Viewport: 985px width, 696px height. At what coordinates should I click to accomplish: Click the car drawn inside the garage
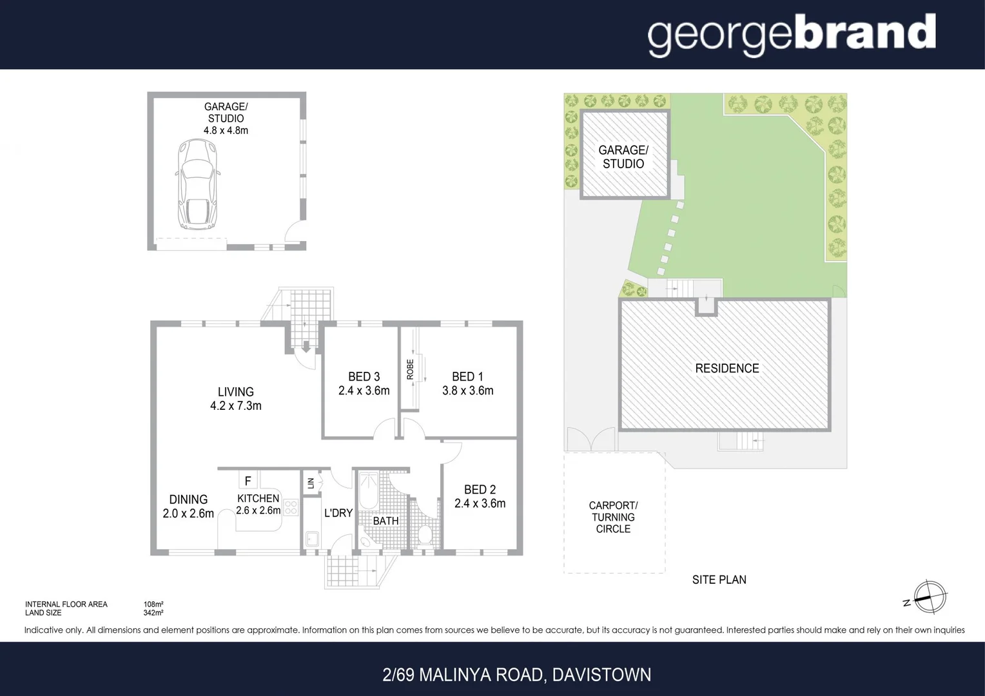coord(197,184)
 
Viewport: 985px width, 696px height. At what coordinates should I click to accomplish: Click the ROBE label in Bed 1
coord(410,369)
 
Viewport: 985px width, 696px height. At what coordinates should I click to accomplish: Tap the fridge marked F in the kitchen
coord(248,481)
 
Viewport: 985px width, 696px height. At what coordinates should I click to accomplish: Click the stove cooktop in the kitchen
coord(291,507)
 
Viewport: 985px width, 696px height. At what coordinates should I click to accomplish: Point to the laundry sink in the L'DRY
coord(312,538)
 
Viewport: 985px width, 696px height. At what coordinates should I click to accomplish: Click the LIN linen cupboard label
coord(311,483)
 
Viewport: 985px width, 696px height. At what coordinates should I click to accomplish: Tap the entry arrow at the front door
coord(306,348)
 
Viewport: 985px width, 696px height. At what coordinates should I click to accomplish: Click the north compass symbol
coord(929,597)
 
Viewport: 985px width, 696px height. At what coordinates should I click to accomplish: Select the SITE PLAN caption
coord(719,580)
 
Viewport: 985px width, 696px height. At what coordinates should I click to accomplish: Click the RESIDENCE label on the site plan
coord(727,369)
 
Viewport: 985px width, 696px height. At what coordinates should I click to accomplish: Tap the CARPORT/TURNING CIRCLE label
coord(613,517)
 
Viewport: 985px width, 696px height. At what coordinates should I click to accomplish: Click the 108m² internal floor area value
coord(153,604)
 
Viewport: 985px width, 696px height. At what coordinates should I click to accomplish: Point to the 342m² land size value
coord(153,613)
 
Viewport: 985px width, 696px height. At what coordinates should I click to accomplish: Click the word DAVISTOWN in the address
coord(601,675)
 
